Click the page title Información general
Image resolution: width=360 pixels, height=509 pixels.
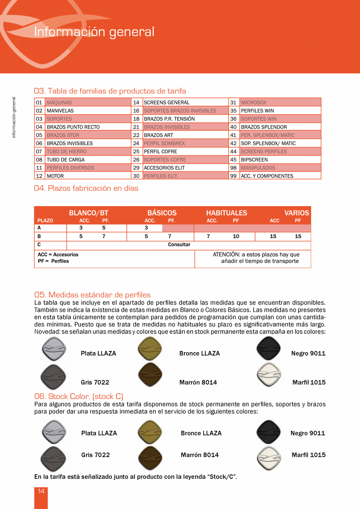coord(94,32)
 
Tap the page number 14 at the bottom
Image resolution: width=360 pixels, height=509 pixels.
coord(41,491)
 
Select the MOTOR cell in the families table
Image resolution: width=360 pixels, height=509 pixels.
coord(55,176)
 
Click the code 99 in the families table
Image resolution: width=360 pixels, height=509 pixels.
coord(234,176)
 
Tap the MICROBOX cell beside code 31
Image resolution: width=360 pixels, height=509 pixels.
coord(254,103)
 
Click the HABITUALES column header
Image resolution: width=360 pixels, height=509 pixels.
coord(227,213)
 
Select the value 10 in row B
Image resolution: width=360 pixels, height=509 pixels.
coord(236,236)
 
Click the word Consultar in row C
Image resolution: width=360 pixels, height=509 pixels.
coord(179,245)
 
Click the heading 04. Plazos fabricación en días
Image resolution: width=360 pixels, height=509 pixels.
coord(86,188)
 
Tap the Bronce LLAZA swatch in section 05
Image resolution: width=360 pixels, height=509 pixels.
coord(150,349)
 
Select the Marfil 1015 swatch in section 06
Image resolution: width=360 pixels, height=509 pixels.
coord(269,457)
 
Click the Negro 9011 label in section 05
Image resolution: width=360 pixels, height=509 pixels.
coord(308,353)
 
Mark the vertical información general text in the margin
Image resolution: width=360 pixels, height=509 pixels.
coord(14,117)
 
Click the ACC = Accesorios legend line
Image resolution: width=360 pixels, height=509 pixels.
coord(58,255)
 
